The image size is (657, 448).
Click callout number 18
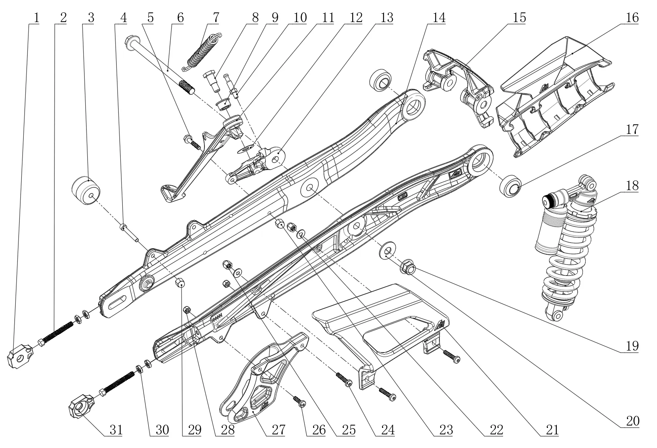click(x=632, y=186)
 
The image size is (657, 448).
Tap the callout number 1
click(x=36, y=18)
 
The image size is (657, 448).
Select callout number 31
click(x=116, y=430)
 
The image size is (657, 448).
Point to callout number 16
click(x=632, y=18)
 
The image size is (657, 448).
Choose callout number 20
click(x=632, y=421)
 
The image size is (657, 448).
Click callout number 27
click(x=277, y=430)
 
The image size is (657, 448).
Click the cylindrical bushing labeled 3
click(x=87, y=190)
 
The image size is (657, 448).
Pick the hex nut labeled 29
click(x=180, y=283)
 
